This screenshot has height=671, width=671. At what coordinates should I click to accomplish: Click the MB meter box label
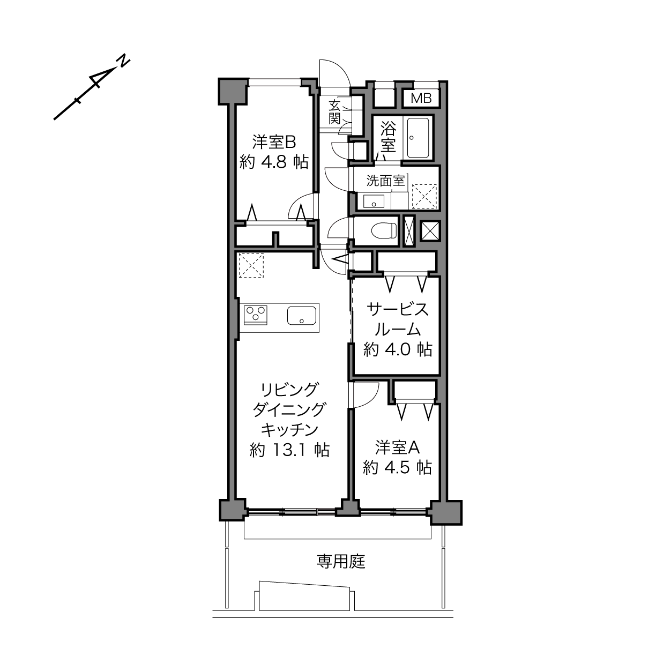click(x=421, y=99)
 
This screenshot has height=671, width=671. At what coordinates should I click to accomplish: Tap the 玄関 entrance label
click(x=334, y=112)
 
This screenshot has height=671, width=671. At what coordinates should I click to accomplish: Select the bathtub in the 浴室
click(x=418, y=138)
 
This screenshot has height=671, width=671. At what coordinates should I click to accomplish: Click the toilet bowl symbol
click(x=384, y=230)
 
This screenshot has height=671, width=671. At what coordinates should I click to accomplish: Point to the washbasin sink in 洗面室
click(x=374, y=202)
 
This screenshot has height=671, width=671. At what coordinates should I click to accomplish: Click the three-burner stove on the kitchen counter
click(x=256, y=315)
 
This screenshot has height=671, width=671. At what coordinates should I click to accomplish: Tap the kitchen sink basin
click(x=302, y=316)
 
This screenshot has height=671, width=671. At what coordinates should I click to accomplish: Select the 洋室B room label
click(x=274, y=142)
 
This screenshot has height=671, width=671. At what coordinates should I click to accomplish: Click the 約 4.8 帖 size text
click(x=274, y=162)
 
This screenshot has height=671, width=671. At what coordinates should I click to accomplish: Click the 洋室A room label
click(x=397, y=448)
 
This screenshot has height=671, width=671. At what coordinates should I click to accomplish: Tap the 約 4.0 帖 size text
click(x=398, y=349)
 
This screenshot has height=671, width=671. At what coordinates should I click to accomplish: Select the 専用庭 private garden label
click(x=341, y=562)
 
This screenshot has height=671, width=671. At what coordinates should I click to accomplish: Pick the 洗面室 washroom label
click(x=385, y=181)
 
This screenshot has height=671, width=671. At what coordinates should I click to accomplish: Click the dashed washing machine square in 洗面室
click(x=424, y=197)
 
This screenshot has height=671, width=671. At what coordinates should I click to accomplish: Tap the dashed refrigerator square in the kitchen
click(x=251, y=265)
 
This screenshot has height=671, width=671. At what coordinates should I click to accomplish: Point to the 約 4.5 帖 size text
click(x=397, y=468)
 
